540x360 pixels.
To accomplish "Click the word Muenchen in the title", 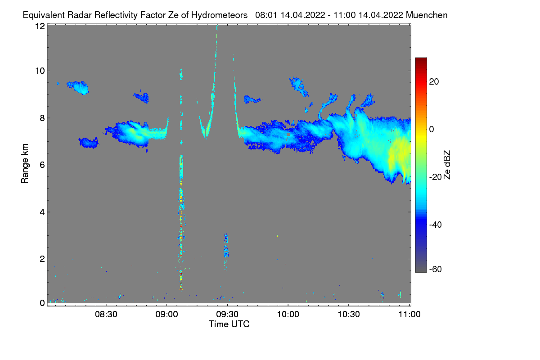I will [x=427, y=15].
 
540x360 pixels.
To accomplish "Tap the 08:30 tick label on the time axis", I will [x=107, y=315].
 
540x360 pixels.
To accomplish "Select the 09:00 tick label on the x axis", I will [x=167, y=315].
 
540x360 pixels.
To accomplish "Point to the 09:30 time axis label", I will [x=228, y=315].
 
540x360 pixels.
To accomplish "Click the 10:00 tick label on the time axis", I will [x=288, y=315].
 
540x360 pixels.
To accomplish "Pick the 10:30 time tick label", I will [x=349, y=315].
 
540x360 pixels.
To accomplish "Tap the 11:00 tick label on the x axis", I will [x=409, y=315].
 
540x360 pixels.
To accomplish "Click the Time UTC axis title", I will [x=229, y=324].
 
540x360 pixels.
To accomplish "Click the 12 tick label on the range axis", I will [x=40, y=26].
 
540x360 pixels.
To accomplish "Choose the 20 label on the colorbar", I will [x=434, y=81].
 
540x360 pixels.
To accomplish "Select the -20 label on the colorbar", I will [x=435, y=177].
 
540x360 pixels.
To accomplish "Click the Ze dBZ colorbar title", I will [x=447, y=164].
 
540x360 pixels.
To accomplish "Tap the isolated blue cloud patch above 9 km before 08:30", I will [x=78, y=87].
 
